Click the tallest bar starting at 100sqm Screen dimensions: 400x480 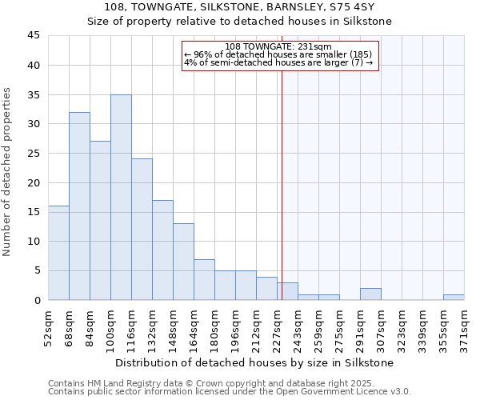[x=121, y=198]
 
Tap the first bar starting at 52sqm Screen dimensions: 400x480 [x=58, y=253]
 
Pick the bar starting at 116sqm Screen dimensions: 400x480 [x=142, y=230]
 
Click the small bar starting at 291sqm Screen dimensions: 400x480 [x=370, y=294]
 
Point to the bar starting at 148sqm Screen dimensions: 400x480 [x=183, y=262]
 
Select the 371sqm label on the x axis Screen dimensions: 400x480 [x=464, y=329]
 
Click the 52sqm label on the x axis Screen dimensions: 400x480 [x=48, y=329]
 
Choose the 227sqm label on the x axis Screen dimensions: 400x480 [x=277, y=329]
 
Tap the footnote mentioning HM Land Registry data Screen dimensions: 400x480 [x=228, y=383]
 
